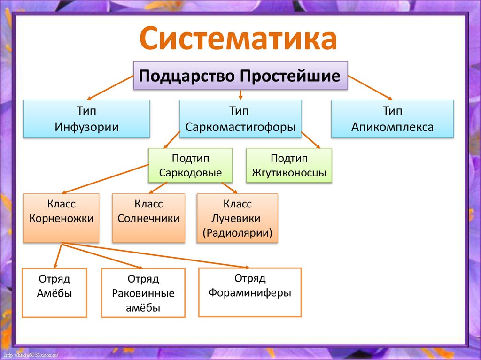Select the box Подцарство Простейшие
(240, 76)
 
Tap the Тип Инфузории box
(86, 119)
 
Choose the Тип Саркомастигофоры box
(240, 119)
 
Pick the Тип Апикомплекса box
(392, 119)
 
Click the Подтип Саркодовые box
(190, 165)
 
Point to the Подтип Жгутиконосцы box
(288, 165)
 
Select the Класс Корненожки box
(61, 218)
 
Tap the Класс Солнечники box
(148, 218)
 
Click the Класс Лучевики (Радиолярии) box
(237, 218)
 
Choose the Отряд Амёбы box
(54, 292)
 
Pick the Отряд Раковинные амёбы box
(143, 293)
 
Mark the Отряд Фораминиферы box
(250, 292)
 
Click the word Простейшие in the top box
(290, 76)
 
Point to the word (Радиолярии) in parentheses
(237, 233)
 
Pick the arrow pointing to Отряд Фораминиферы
(155, 255)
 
